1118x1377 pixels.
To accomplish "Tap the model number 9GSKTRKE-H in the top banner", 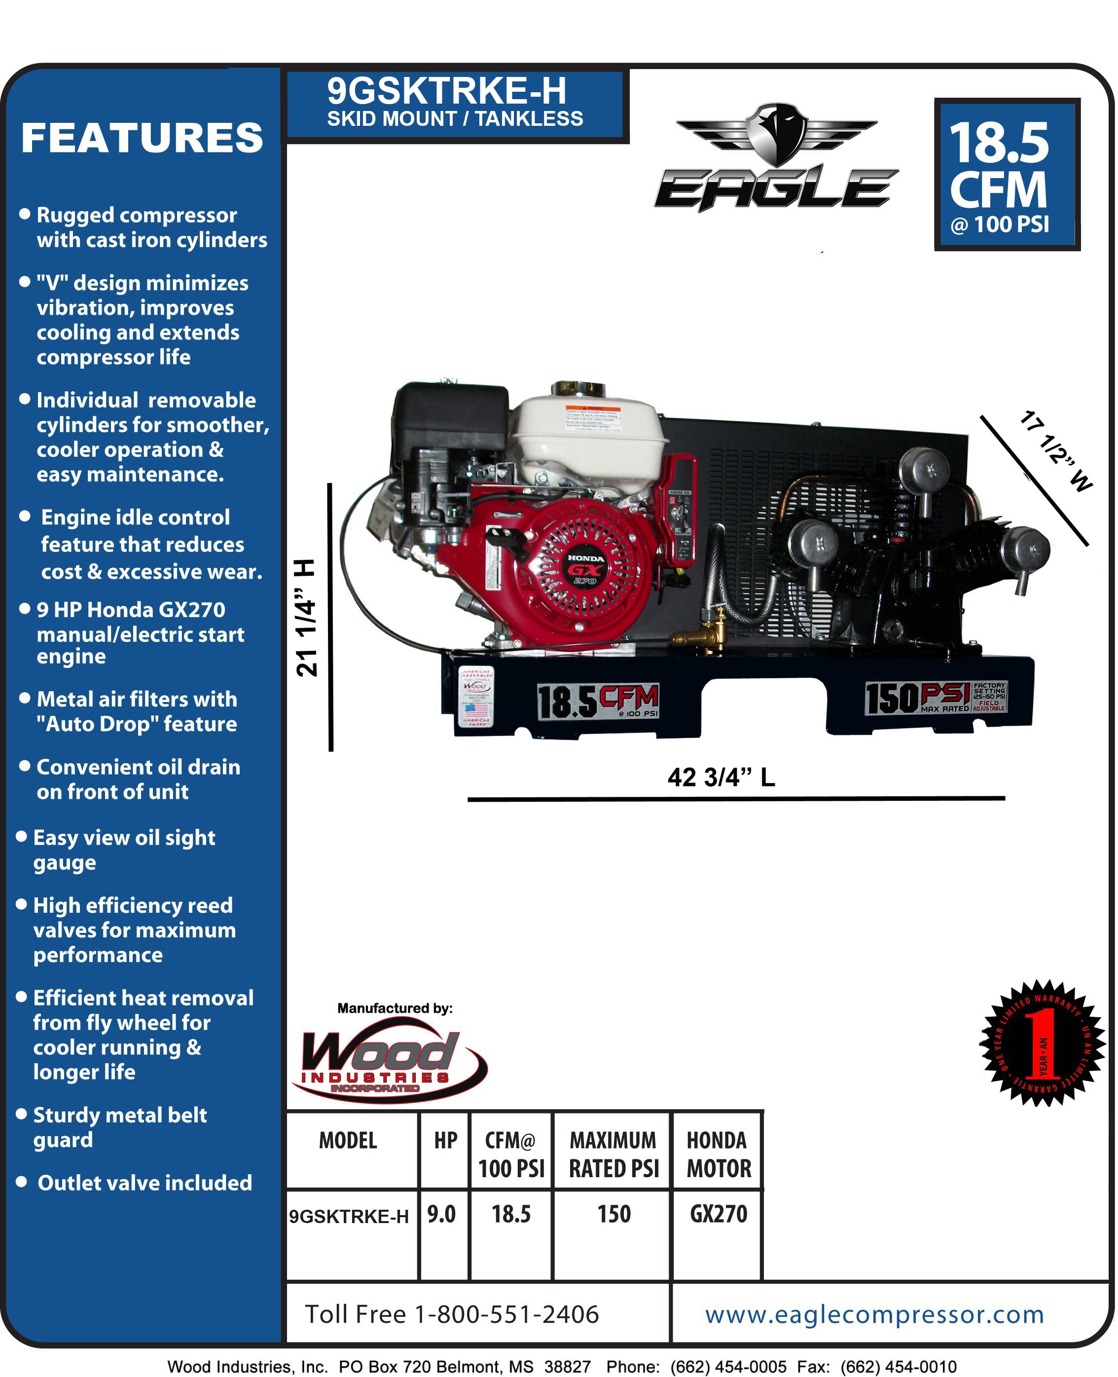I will click(x=446, y=91).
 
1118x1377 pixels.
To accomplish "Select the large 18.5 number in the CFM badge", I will click(x=999, y=143).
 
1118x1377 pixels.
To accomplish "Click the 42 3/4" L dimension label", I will click(x=721, y=777).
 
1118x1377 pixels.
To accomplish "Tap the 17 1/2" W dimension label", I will click(x=1055, y=450).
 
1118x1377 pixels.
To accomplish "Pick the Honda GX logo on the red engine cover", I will click(x=585, y=569).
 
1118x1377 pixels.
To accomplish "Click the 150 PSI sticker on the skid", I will click(x=935, y=698).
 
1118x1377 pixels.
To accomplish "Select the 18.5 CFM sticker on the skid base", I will click(x=598, y=701).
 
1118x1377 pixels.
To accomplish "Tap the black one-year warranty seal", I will click(x=1042, y=1043).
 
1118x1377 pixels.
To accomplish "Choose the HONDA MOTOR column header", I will click(x=718, y=1154).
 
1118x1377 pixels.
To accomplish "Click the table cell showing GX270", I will click(x=718, y=1214).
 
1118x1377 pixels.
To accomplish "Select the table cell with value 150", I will click(x=613, y=1214).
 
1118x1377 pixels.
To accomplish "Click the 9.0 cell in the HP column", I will click(x=442, y=1214).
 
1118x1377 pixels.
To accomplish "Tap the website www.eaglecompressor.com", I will click(x=874, y=1314).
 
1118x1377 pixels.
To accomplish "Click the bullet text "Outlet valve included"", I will click(x=144, y=1183).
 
